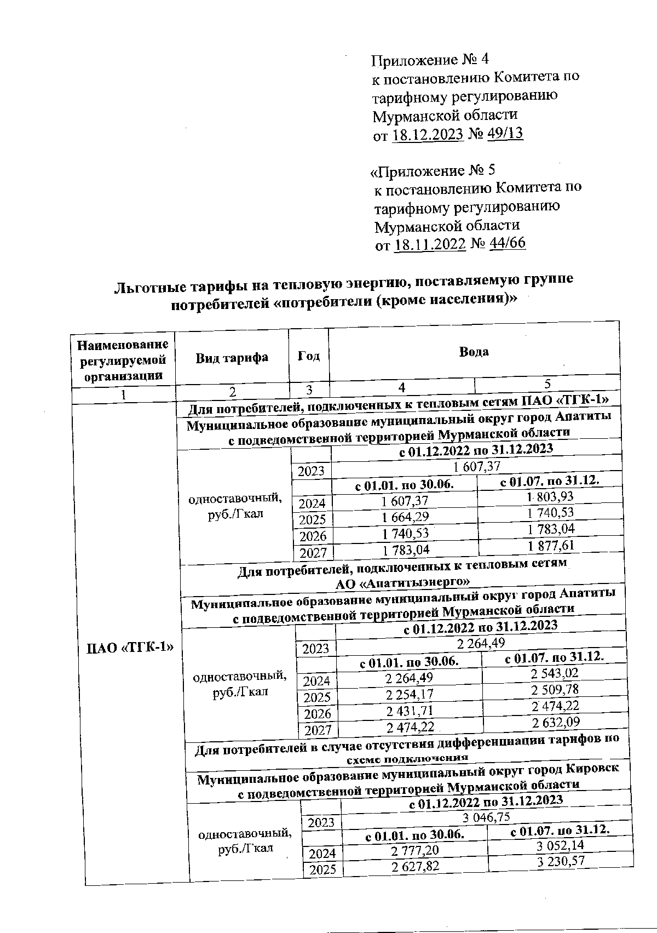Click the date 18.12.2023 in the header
click(x=428, y=135)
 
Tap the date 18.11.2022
click(x=430, y=244)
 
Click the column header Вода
click(x=474, y=352)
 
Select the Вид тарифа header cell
click(x=232, y=357)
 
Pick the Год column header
click(x=309, y=356)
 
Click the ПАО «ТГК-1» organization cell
click(x=130, y=648)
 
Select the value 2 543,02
click(x=555, y=673)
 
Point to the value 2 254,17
click(x=409, y=695)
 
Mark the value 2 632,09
click(x=556, y=723)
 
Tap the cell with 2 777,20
click(x=414, y=850)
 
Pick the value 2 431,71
click(x=409, y=711)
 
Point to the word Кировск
click(x=592, y=768)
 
